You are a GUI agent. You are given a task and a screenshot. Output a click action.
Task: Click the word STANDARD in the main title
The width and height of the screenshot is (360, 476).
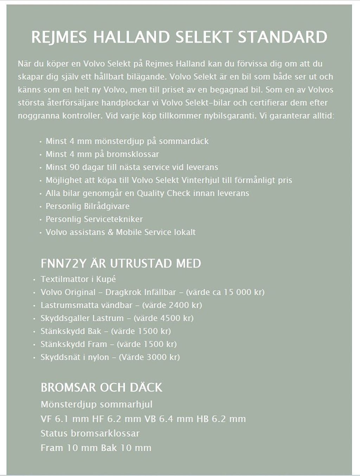[x=283, y=37]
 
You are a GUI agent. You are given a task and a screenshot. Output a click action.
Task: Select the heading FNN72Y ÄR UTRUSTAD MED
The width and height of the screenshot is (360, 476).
[x=121, y=263]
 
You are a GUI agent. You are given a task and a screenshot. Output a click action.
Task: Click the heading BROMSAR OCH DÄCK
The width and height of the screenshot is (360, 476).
[x=101, y=387]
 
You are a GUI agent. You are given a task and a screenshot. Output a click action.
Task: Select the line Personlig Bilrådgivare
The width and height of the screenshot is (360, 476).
[x=88, y=206]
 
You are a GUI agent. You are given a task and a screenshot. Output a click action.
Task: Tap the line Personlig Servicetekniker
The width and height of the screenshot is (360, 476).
[x=94, y=219]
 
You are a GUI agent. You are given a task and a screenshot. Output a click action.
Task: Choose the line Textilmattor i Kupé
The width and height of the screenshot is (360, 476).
[x=78, y=279]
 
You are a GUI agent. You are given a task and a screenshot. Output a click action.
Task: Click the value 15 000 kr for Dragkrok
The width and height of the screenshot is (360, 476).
[x=239, y=292]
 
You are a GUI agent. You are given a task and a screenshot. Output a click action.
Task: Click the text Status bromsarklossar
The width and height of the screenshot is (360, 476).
[x=90, y=433]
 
